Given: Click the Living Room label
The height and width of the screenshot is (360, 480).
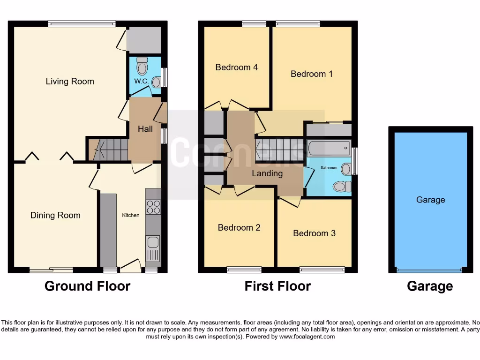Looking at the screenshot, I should coord(70,82).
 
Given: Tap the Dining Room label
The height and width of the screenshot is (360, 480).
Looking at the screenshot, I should coord(55,216).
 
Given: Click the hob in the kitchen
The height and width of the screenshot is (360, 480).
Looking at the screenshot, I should coord(153,207).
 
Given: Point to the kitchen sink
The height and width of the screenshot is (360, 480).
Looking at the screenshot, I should coord(153,243).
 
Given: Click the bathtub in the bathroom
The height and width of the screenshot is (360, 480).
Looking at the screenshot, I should coord(329,149).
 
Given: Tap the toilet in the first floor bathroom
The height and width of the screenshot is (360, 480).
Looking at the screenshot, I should coord(342,187).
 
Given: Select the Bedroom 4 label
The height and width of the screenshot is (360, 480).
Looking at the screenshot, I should coord(236,67).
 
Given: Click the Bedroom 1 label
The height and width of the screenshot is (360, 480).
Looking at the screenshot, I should coord(311,74).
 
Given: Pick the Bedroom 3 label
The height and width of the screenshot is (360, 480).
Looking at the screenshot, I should coord(314,233).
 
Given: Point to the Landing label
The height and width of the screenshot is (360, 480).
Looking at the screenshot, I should coord(267,173).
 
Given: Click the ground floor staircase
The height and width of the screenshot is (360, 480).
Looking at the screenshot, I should coord(111,150).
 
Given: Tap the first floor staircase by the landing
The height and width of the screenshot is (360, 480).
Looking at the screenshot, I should coord(279,150).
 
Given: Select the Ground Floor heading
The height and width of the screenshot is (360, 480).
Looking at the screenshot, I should coord(87,286).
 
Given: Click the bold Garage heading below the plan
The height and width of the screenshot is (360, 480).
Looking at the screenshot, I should coord(430,286).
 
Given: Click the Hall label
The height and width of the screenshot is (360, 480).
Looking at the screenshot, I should coord(145,129).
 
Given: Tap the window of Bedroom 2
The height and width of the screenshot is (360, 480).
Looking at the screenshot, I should coord(244,270).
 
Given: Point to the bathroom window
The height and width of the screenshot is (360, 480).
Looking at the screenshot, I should coord(355,161).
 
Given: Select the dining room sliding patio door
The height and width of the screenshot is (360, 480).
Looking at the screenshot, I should coord(51,270).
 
